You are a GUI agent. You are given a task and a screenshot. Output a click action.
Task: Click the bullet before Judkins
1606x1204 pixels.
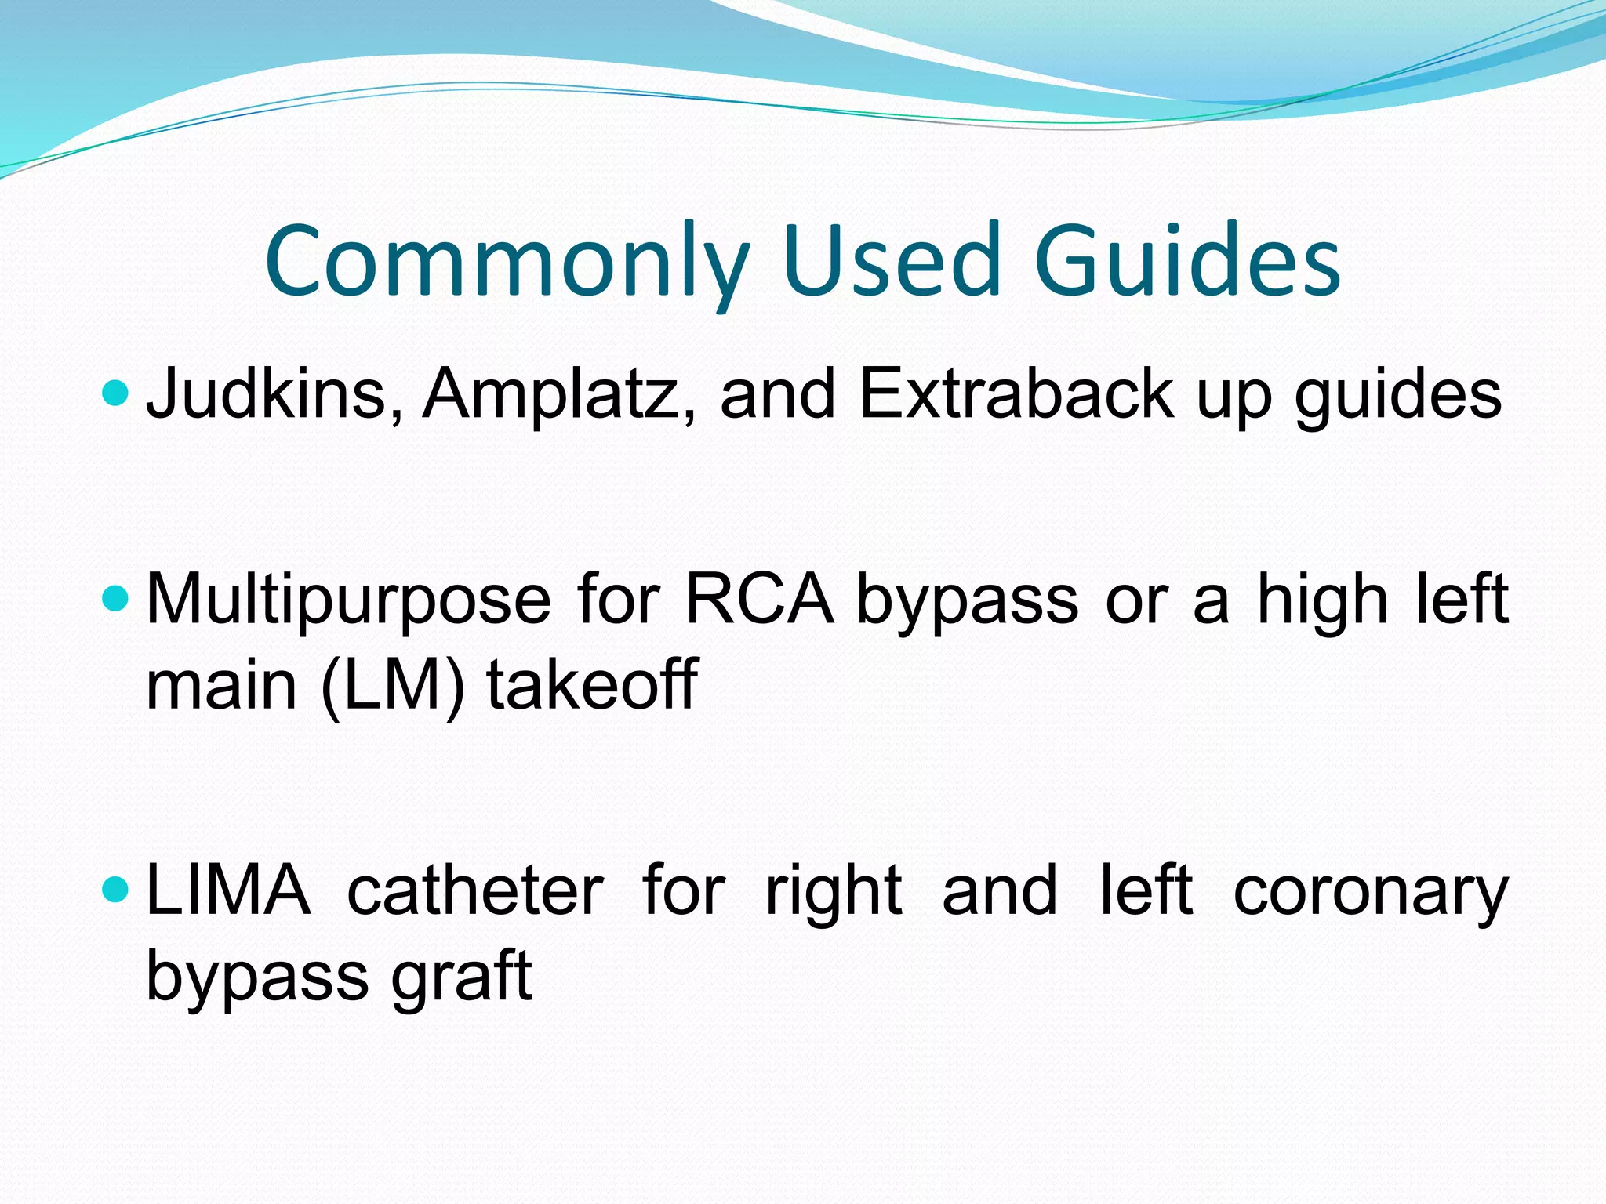point(114,393)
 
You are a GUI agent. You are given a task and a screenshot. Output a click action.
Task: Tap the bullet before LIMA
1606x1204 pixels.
point(114,890)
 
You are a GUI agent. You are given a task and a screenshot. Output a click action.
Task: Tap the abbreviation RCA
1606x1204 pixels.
point(759,600)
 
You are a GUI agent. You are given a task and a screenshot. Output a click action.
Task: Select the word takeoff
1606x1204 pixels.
point(592,684)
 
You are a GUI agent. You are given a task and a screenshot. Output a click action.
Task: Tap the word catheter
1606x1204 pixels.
point(475,892)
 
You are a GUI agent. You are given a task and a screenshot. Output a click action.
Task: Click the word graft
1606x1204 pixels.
point(462,977)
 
